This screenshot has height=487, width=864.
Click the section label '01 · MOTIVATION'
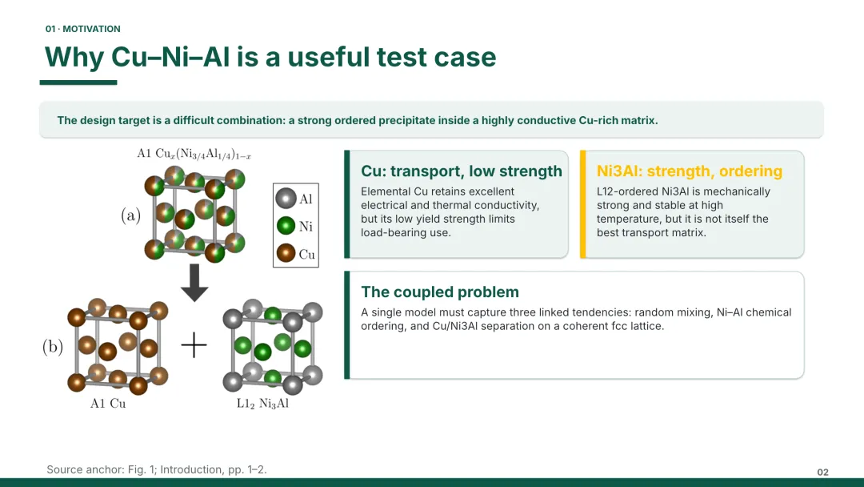82,29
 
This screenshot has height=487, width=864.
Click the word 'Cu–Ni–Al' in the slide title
170,57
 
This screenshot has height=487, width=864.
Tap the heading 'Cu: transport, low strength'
462,171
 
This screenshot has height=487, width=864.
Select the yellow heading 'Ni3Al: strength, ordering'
690,171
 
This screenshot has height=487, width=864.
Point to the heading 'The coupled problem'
440,292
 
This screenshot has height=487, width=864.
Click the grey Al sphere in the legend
286,199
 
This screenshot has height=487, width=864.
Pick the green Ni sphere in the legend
286,226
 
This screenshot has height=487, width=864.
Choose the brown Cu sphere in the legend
286,253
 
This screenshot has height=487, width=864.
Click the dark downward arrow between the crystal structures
194,283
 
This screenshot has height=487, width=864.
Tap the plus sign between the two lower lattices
194,345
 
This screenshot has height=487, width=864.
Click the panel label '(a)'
130,215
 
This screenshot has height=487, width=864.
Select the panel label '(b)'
52,346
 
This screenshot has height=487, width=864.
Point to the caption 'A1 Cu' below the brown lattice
108,403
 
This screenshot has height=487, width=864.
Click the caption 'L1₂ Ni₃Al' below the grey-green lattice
262,403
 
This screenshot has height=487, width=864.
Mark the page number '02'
822,472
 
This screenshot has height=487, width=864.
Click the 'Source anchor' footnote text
157,469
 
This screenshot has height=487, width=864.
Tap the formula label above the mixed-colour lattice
194,153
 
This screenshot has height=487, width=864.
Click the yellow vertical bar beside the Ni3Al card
583,204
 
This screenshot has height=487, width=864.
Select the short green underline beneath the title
78,83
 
